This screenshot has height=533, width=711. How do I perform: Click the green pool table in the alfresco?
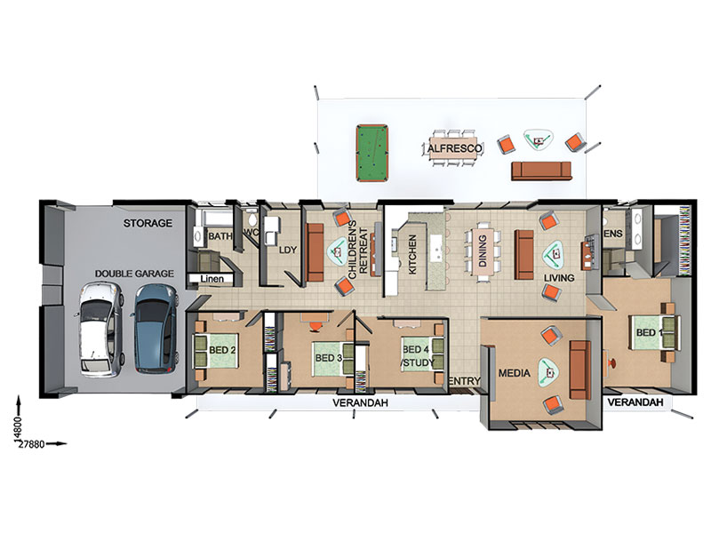point(372,153)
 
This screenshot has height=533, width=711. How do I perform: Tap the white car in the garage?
point(101,330)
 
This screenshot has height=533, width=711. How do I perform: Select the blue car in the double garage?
point(155,329)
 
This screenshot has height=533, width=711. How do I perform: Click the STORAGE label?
point(148,223)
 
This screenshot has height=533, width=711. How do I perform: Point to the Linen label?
point(212,279)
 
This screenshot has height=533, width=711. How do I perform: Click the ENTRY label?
point(464,382)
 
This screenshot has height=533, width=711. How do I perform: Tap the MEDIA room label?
point(515,373)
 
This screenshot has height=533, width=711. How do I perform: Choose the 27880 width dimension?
point(31,444)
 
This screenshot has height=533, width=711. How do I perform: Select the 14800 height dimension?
point(17,428)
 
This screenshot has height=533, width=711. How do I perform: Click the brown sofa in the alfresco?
point(541,171)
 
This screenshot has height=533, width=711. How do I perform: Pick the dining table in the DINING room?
point(482,251)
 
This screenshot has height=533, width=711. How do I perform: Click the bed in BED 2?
point(215,350)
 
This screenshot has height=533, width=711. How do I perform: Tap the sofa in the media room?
point(580,370)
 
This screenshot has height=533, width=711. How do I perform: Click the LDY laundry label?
point(287,250)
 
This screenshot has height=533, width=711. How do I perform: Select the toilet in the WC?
point(252,219)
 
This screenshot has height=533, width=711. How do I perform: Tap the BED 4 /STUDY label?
point(418,356)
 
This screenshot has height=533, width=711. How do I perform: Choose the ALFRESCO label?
point(455,148)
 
